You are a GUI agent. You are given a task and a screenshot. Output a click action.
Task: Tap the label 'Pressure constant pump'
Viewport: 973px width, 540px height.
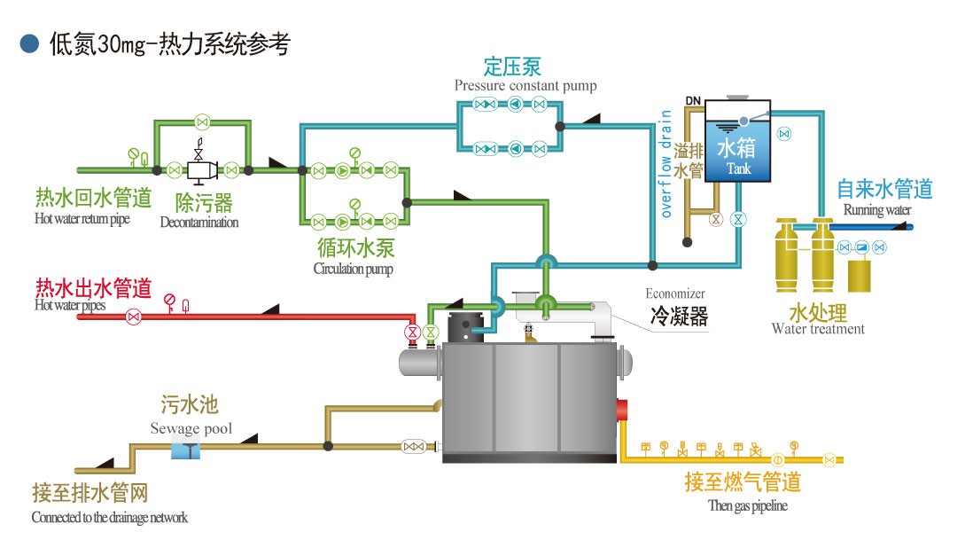click(x=525, y=86)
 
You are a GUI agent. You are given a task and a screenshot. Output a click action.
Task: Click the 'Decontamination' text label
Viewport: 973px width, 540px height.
click(x=199, y=223)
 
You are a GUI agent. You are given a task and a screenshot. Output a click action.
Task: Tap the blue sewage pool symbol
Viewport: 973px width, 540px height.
click(x=187, y=450)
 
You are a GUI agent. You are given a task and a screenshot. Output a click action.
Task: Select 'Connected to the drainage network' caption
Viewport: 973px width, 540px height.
click(x=110, y=517)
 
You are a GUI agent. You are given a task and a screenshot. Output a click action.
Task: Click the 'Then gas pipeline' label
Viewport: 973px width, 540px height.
click(x=748, y=505)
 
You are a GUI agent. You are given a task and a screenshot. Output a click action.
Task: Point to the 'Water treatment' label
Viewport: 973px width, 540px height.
click(x=818, y=329)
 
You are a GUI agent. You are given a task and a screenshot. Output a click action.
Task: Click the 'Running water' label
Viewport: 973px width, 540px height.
click(x=876, y=210)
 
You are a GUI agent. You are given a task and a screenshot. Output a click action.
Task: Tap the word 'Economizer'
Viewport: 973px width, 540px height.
click(x=675, y=293)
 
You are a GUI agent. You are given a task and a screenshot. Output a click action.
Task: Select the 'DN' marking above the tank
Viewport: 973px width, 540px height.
click(x=692, y=100)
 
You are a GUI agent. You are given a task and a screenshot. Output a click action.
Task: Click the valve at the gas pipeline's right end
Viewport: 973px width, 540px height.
click(x=829, y=459)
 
